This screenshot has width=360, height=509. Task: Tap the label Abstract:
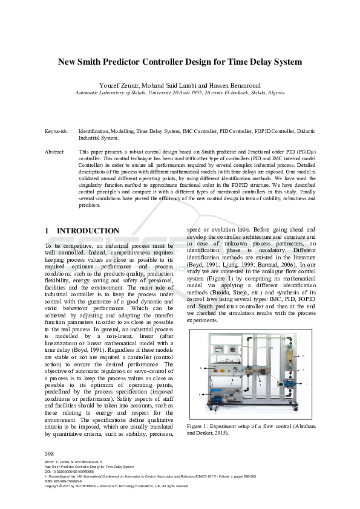56,152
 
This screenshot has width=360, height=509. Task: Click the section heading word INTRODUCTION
88,231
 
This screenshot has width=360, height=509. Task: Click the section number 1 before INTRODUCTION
48,231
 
